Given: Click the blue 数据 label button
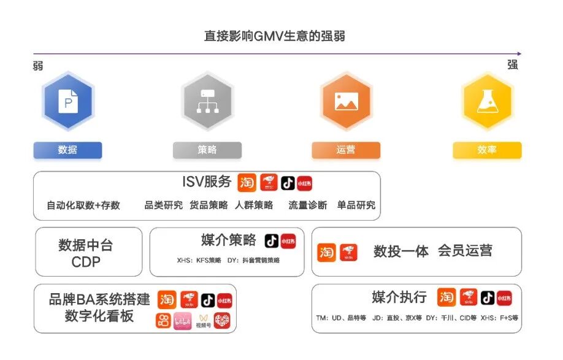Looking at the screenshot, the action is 67,150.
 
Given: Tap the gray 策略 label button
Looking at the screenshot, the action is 207,150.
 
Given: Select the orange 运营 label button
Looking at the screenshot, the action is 346,150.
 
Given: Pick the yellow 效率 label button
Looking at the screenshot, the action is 487,150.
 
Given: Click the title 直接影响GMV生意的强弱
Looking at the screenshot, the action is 275,36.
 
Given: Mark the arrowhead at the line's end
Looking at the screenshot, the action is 519,54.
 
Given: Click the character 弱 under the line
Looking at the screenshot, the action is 38,66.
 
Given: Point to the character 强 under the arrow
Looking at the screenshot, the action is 513,64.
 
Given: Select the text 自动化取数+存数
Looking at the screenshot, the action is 83,205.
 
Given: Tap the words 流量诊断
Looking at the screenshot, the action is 308,205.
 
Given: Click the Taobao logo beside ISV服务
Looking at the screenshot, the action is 247,182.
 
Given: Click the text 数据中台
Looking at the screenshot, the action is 86,245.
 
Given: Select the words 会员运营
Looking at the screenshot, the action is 465,251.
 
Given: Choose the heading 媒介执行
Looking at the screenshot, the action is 399,297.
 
